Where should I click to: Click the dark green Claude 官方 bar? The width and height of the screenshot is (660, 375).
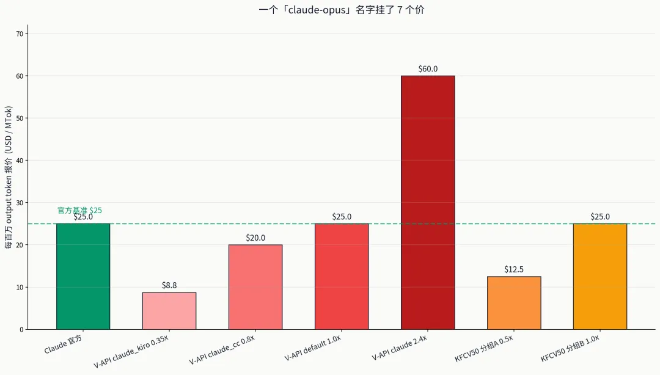83,276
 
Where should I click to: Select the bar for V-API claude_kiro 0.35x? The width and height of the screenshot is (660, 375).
169,311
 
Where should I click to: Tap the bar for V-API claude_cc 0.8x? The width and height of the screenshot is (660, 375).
255,287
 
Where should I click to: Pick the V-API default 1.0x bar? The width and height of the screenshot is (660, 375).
342,276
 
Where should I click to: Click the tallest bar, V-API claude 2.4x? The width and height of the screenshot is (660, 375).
428,202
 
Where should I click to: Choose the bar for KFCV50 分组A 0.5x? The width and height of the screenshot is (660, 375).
514,303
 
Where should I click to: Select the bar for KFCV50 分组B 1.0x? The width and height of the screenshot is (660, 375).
600,276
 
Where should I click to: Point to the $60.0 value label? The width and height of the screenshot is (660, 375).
428,69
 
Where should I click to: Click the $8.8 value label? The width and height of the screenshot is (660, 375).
169,285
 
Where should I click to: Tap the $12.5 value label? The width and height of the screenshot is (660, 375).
514,269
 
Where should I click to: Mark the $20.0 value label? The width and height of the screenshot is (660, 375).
255,238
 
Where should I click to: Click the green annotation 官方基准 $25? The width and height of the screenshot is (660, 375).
79,210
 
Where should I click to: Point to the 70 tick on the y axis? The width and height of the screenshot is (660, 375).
20,34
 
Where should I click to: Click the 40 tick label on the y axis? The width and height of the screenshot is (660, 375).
20,161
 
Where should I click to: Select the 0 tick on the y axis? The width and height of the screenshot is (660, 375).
21,330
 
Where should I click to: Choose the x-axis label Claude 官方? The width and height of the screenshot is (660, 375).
63,344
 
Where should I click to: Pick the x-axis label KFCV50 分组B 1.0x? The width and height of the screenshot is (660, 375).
570,348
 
